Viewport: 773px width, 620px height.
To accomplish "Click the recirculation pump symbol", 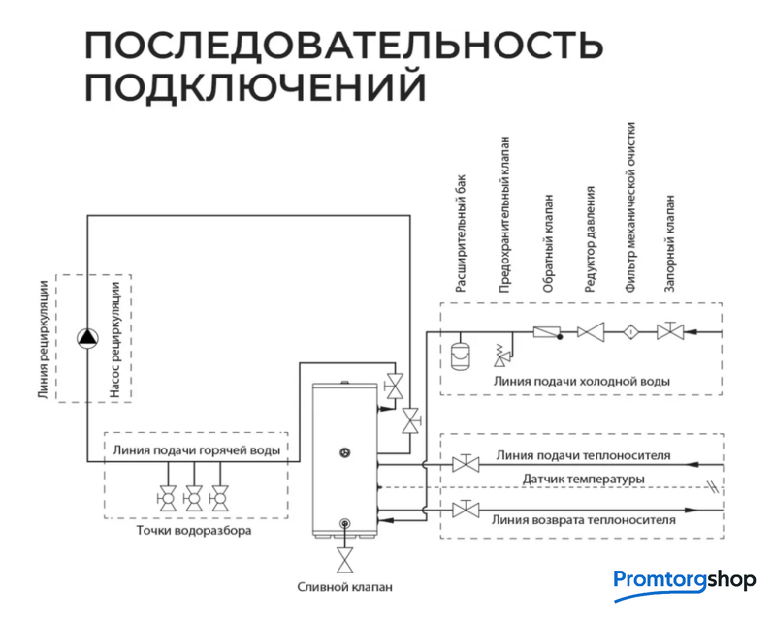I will [x=88, y=337].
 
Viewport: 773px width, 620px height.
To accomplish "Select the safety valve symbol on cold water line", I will [x=503, y=354].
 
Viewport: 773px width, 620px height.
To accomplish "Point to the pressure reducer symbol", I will [x=590, y=331].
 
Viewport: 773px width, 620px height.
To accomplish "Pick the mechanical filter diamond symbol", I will [x=630, y=331].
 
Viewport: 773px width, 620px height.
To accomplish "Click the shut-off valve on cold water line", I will [x=669, y=331].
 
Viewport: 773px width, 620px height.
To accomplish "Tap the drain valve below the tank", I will [x=344, y=561].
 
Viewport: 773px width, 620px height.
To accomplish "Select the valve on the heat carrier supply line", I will [x=468, y=464].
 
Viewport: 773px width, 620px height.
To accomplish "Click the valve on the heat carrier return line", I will [x=468, y=510].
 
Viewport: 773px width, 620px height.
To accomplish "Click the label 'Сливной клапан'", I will [x=345, y=588].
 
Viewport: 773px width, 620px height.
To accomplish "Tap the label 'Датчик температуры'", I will [x=583, y=480].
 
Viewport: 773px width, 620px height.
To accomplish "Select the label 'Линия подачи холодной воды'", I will [x=581, y=381].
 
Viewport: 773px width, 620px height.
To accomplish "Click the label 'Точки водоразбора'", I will [x=193, y=532].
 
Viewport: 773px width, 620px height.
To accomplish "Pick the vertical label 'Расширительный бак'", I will [x=462, y=233].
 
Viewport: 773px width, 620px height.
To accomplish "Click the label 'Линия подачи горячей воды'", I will [x=197, y=449].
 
